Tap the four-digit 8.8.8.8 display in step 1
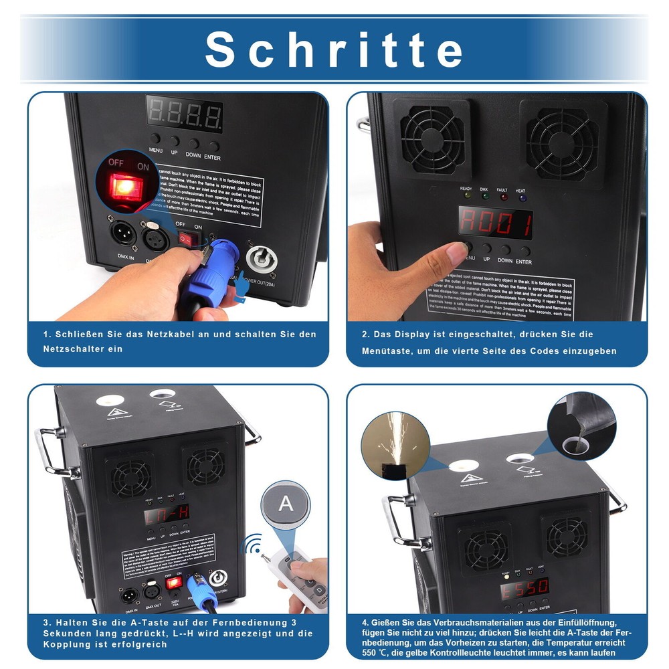point(185,115)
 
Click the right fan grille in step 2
point(563,141)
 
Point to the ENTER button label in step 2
point(524,262)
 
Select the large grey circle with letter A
point(286,504)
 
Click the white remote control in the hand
point(302,575)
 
